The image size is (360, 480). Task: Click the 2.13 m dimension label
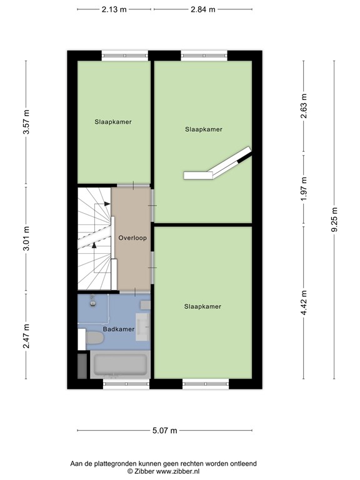tap(114, 9)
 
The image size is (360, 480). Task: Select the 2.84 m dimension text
tap(202, 9)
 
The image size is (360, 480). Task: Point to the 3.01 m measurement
tap(26, 240)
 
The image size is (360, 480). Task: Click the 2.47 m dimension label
tap(26, 336)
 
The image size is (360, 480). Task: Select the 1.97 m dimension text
tap(304, 189)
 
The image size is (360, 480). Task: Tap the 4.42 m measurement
tap(304, 302)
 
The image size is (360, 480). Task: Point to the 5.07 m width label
tap(165, 431)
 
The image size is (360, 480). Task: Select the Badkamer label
tap(119, 329)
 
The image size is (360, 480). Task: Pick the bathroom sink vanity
tap(143, 324)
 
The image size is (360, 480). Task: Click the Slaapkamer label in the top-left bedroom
tap(113, 122)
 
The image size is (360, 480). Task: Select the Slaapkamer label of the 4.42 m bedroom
tap(203, 306)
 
